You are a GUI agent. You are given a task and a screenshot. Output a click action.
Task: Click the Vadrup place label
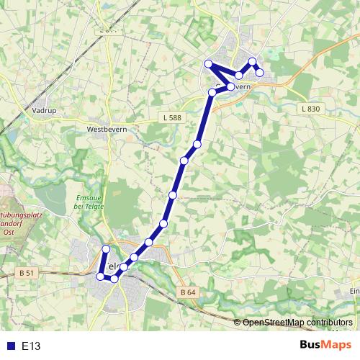click(45, 111)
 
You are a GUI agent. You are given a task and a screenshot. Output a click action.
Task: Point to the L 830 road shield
click(310, 108)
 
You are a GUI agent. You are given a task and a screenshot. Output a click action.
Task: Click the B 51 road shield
click(27, 272)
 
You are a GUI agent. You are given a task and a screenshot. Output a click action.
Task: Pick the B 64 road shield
click(187, 292)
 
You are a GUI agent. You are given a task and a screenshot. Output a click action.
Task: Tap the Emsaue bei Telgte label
click(89, 202)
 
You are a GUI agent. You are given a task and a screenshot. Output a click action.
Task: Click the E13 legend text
click(31, 346)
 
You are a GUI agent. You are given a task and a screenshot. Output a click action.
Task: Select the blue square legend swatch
click(10, 346)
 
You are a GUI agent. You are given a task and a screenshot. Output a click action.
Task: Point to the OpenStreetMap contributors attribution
click(297, 322)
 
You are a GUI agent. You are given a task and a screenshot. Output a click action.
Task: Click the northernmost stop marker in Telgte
click(106, 249)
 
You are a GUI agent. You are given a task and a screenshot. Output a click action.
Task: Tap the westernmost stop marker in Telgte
click(100, 275)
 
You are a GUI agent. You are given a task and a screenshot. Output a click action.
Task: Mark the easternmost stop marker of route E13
click(260, 72)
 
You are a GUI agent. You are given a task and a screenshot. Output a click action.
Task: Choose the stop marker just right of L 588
click(197, 145)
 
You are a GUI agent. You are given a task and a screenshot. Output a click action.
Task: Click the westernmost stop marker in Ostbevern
click(208, 63)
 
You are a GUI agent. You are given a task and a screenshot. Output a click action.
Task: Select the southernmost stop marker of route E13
click(114, 278)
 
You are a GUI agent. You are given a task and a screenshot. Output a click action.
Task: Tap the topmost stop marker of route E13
click(252, 61)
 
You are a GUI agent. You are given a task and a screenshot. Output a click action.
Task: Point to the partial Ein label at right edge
click(354, 291)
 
